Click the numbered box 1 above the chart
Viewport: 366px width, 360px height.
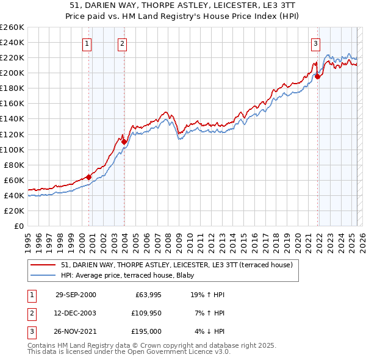click(87, 43)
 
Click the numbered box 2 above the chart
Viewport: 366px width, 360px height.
click(123, 43)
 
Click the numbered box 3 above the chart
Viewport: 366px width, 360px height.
click(315, 43)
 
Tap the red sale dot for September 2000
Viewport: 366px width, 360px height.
click(89, 177)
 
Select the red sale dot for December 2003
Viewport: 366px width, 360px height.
click(124, 142)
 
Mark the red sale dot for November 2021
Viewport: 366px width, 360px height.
click(318, 76)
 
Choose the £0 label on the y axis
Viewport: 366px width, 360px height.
click(18, 226)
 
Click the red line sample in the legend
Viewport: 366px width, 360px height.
click(43, 265)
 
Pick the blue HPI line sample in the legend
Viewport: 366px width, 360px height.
click(43, 275)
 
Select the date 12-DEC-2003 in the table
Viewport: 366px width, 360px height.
click(76, 313)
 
